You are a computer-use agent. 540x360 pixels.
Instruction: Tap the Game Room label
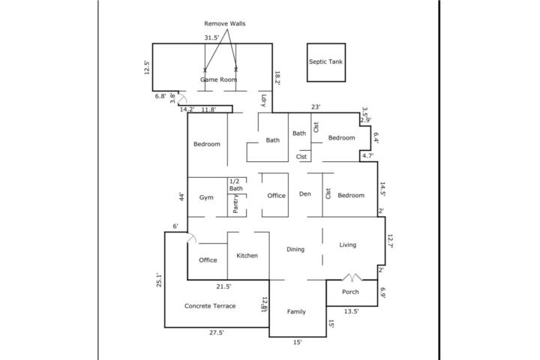click(x=219, y=79)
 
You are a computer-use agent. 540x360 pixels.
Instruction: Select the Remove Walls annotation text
click(x=225, y=23)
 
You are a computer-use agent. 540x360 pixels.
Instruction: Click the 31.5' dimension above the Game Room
click(x=211, y=37)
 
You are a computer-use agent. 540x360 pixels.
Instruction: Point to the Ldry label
click(x=264, y=100)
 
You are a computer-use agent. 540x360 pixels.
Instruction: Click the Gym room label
click(x=206, y=197)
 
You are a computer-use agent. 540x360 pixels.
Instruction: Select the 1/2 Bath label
click(x=236, y=184)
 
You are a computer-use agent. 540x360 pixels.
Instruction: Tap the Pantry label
click(x=235, y=203)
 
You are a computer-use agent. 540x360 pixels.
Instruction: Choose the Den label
click(x=305, y=194)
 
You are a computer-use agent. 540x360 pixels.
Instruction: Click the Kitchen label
click(x=247, y=256)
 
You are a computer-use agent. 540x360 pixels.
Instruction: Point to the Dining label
click(x=295, y=249)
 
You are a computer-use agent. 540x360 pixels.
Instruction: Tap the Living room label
click(x=348, y=244)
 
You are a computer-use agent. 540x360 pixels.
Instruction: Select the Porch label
click(x=350, y=292)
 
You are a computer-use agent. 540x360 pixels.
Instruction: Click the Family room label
click(x=296, y=312)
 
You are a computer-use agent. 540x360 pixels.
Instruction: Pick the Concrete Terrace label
click(x=210, y=306)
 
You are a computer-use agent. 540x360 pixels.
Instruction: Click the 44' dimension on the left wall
click(x=181, y=197)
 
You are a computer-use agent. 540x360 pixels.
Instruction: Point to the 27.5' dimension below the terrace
click(x=217, y=333)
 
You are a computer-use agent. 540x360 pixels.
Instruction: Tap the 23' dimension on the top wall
click(x=316, y=107)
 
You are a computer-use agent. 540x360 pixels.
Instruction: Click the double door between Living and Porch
click(x=352, y=277)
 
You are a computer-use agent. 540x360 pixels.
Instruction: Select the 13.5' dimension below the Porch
click(x=351, y=311)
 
